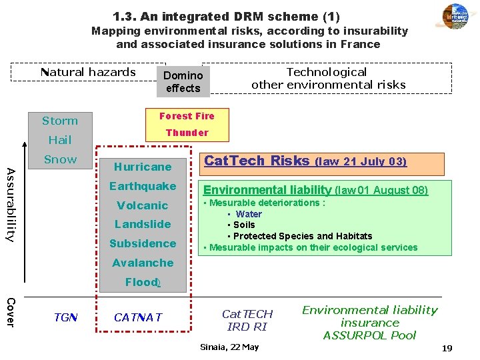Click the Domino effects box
183,82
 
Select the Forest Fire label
187,116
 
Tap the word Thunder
187,133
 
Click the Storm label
60,121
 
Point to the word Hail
60,140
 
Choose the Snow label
60,159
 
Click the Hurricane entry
143,167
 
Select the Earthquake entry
143,186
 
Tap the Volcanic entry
143,205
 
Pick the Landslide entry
143,224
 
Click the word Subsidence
143,243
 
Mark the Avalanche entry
143,263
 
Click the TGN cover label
66,318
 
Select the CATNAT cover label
138,318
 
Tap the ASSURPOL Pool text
369,335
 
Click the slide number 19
447,348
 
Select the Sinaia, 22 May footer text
229,347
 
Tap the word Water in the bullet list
249,214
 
